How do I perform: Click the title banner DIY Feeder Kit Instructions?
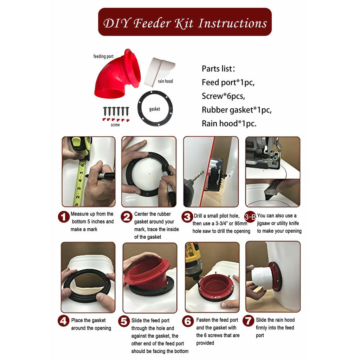(185, 22)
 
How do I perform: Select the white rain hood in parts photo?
(159, 72)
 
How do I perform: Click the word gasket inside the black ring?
(155, 109)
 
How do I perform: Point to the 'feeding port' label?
(103, 57)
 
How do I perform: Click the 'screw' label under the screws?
(115, 125)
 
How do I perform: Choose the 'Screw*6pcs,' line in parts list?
(223, 96)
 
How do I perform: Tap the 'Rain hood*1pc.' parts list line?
(229, 123)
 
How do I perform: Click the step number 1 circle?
(64, 217)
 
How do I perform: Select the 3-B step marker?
(250, 217)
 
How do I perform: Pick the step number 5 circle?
(124, 321)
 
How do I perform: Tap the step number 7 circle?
(249, 321)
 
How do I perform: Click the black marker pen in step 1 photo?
(101, 176)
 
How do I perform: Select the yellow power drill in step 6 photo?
(193, 261)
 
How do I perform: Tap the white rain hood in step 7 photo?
(262, 277)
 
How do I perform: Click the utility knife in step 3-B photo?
(272, 189)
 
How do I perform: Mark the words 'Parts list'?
(217, 69)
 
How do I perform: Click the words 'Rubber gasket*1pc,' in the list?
(237, 110)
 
